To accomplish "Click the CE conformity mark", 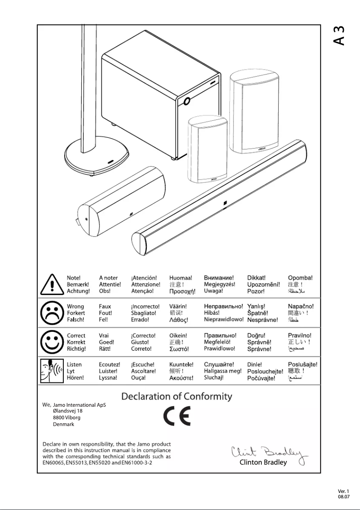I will [x=176, y=417].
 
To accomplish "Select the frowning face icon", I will [x=53, y=313].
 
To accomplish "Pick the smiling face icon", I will [x=53, y=342].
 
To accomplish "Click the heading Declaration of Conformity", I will [x=177, y=397].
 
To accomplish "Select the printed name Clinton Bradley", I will [x=263, y=462].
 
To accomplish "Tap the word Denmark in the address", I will [x=63, y=424].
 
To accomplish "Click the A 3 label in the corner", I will [x=339, y=36].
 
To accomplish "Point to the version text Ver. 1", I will [x=343, y=491].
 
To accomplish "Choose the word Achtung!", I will [x=78, y=291].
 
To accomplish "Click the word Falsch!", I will [x=76, y=320].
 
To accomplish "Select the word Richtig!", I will [x=77, y=348].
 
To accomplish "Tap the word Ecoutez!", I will [x=110, y=365].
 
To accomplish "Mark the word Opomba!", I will [x=300, y=278].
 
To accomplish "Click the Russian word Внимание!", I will [x=219, y=278].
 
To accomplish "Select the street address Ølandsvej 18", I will [x=68, y=411].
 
